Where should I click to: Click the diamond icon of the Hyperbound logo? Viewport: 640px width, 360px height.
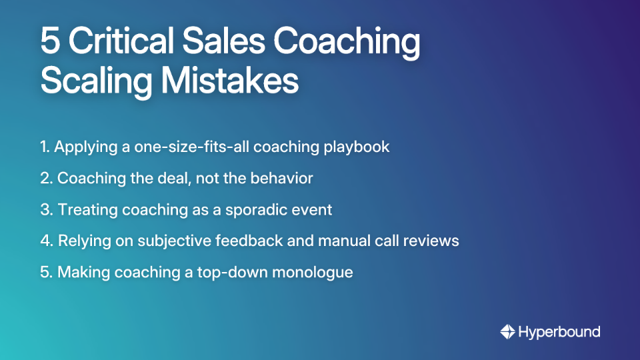(507, 331)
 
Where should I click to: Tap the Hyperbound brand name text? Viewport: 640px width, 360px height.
(559, 331)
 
